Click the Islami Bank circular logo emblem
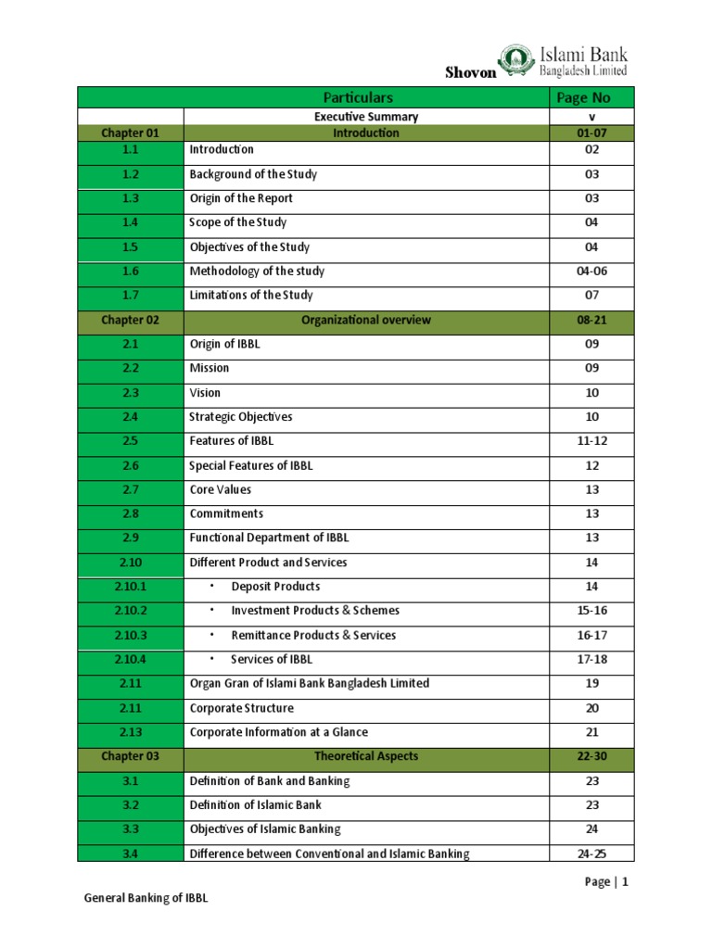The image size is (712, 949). tap(517, 62)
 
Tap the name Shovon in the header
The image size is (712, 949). tap(470, 73)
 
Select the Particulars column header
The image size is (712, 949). tap(359, 97)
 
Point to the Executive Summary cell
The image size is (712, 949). tap(365, 117)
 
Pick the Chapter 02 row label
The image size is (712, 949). tap(130, 320)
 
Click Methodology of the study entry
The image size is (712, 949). tap(257, 272)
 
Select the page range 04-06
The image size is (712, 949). tap(591, 272)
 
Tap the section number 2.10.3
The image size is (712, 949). tap(130, 635)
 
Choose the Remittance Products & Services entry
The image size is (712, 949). tap(312, 635)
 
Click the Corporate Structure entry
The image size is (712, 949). tap(241, 708)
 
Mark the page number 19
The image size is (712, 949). tap(591, 683)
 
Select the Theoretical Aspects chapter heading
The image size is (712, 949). tap(365, 756)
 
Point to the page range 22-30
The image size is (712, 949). tap(591, 756)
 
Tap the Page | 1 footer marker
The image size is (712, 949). tap(606, 882)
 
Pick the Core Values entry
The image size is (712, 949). tap(220, 489)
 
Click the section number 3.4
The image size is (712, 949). tap(130, 854)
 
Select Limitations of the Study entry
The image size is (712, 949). tap(251, 296)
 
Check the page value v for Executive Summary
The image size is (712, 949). tap(591, 117)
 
